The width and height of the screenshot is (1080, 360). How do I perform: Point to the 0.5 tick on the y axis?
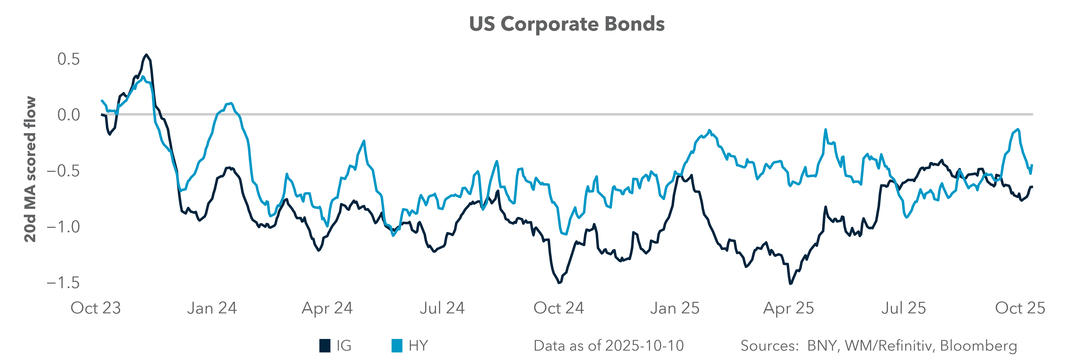tap(68, 59)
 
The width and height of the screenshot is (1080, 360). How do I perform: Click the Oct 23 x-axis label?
tap(96, 308)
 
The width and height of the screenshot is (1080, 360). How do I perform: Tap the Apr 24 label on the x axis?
tap(327, 308)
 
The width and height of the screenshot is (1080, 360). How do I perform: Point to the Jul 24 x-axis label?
tap(442, 308)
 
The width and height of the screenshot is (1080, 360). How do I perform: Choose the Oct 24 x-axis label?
tap(558, 308)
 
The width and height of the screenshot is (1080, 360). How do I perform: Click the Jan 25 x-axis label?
tap(675, 308)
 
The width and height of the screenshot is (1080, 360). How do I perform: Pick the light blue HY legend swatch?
tap(397, 346)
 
